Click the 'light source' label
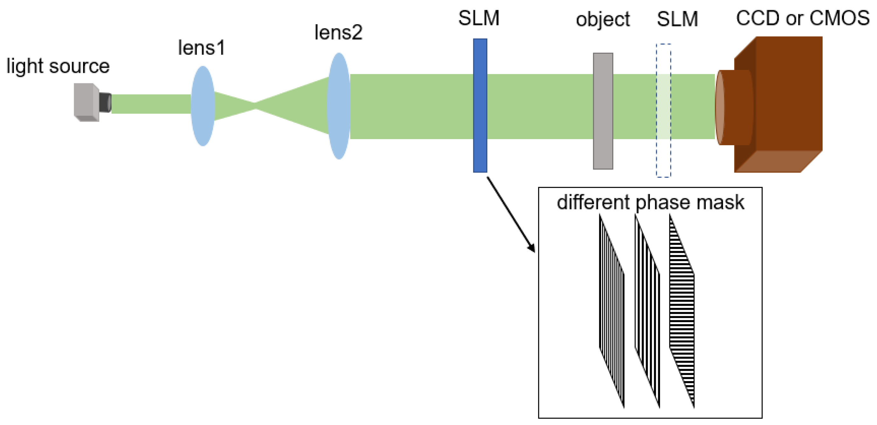click(x=58, y=66)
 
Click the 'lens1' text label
click(x=201, y=48)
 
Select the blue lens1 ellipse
click(x=203, y=106)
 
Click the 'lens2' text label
click(x=338, y=33)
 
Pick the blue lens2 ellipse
click(x=339, y=106)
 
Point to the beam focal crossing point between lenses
click(x=255, y=106)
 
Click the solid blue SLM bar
click(x=480, y=106)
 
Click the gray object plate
click(x=603, y=111)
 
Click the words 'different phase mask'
click(x=650, y=202)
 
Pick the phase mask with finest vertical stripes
click(x=611, y=310)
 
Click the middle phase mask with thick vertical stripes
click(x=647, y=310)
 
